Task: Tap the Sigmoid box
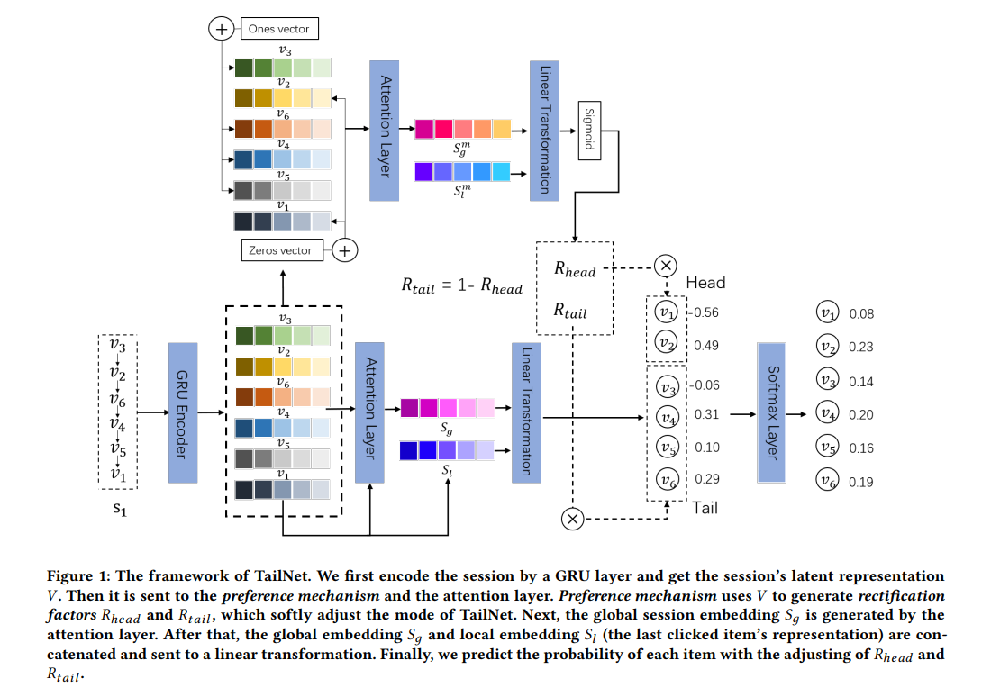tap(589, 131)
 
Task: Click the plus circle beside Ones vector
tap(220, 29)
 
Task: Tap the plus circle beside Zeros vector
tap(344, 249)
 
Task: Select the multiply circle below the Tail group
tap(572, 518)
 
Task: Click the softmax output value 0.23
tap(860, 347)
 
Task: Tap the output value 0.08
tap(860, 314)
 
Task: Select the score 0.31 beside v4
tap(706, 415)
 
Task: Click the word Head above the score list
tap(705, 283)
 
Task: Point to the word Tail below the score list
tap(705, 508)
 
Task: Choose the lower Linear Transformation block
tap(524, 411)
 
